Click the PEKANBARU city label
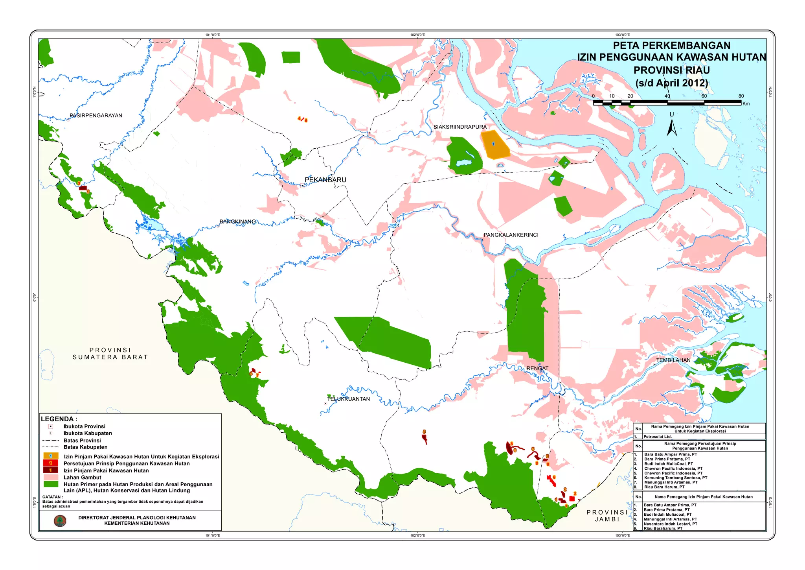click(325, 180)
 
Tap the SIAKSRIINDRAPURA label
click(460, 127)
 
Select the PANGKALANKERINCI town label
click(511, 235)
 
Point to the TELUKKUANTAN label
click(349, 399)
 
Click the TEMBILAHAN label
click(673, 360)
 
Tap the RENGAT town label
click(537, 368)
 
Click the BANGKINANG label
click(237, 221)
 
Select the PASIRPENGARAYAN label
click(96, 115)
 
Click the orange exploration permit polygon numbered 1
click(494, 145)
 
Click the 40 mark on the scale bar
click(667, 96)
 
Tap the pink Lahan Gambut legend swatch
click(51, 477)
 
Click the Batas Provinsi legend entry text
click(82, 440)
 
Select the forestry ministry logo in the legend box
click(60, 520)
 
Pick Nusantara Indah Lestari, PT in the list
click(670, 524)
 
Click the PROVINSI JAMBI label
click(607, 516)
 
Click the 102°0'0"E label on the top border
click(417, 35)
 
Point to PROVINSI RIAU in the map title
click(671, 70)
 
